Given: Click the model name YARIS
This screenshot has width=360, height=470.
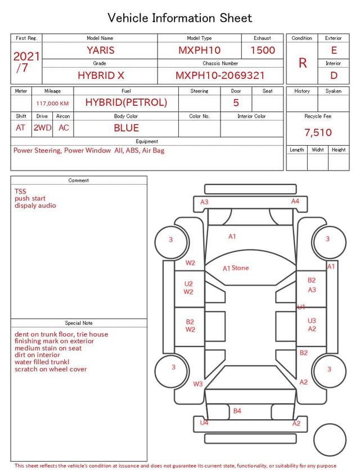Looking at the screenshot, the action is click(x=101, y=50).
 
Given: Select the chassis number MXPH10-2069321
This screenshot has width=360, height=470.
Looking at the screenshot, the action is click(x=220, y=75).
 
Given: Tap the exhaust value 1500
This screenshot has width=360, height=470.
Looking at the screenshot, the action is click(x=263, y=50).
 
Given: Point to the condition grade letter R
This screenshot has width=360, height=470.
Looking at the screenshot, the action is click(x=303, y=63).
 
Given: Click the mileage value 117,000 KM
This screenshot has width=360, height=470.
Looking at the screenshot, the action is click(x=52, y=104).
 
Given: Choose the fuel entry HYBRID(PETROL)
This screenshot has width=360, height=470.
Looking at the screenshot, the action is click(x=126, y=102).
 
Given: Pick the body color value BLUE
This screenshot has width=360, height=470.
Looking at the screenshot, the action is click(x=126, y=128).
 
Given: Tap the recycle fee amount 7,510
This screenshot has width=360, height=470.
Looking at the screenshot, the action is click(x=318, y=132).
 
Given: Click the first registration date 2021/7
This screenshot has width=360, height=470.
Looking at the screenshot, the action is click(x=26, y=62).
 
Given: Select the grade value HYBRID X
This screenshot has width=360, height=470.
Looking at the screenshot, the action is click(x=101, y=75).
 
